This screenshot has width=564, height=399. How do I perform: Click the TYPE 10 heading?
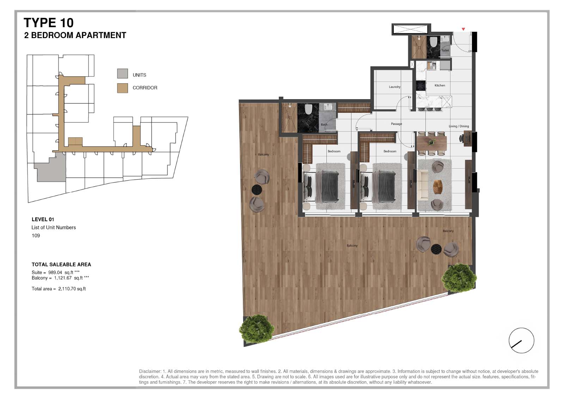(49, 23)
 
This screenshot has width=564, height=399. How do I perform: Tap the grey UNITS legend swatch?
(122, 73)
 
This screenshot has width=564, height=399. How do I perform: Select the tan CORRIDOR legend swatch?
(122, 88)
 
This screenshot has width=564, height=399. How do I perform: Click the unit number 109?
(36, 235)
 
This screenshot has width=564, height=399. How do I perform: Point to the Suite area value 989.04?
(55, 272)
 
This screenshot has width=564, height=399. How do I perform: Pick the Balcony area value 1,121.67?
(63, 278)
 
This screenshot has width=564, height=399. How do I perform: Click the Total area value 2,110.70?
(67, 289)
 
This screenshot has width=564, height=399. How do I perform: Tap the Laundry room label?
(394, 87)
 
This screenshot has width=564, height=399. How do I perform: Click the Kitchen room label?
(440, 85)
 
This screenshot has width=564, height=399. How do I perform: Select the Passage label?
(396, 124)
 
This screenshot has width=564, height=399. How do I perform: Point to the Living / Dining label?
(459, 126)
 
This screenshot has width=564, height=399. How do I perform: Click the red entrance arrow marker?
(463, 29)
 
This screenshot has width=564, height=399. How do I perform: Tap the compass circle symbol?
(521, 340)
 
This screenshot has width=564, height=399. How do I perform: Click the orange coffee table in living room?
(438, 187)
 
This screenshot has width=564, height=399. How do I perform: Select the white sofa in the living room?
(423, 185)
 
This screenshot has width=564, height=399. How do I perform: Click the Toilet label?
(445, 50)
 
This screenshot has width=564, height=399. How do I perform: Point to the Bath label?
(324, 125)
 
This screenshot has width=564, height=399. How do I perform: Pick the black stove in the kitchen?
(421, 85)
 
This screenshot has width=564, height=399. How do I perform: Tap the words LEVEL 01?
(43, 219)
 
